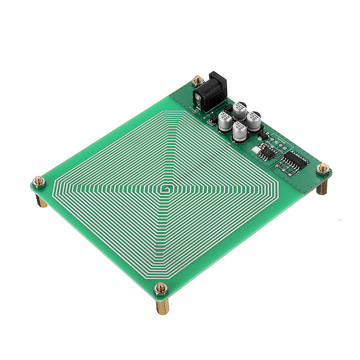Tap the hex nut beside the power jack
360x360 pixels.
(197, 80)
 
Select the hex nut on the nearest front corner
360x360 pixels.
(161, 288)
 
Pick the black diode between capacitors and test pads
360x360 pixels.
(264, 135)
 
